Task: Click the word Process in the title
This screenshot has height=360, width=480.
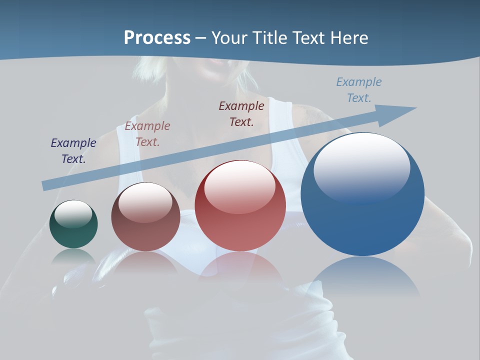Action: pyautogui.click(x=157, y=38)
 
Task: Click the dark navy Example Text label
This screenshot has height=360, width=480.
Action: pyautogui.click(x=73, y=150)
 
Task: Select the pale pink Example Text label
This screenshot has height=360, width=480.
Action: pyautogui.click(x=147, y=133)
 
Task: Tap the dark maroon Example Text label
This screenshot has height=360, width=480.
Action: pyautogui.click(x=241, y=113)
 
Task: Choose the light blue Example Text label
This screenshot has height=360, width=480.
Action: pyautogui.click(x=359, y=89)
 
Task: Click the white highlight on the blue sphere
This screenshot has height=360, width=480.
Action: pyautogui.click(x=361, y=162)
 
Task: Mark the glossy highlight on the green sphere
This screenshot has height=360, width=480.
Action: pyautogui.click(x=73, y=213)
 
